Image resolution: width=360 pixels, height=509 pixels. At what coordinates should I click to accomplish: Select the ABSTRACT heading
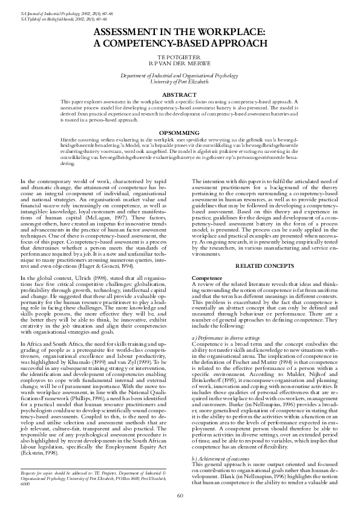[x=180, y=95]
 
